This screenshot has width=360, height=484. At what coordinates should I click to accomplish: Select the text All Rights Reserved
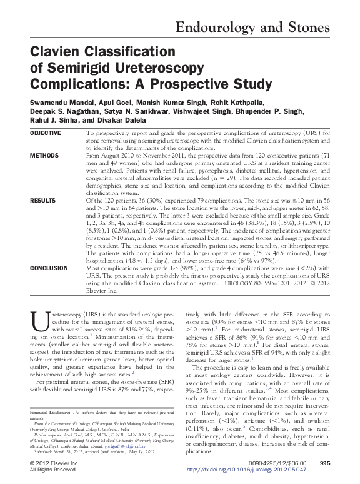point(54,469)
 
